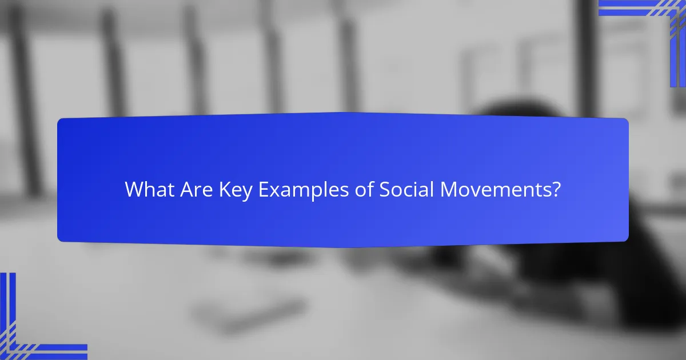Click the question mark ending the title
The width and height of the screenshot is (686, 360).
coord(555,190)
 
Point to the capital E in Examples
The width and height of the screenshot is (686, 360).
coord(263,190)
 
